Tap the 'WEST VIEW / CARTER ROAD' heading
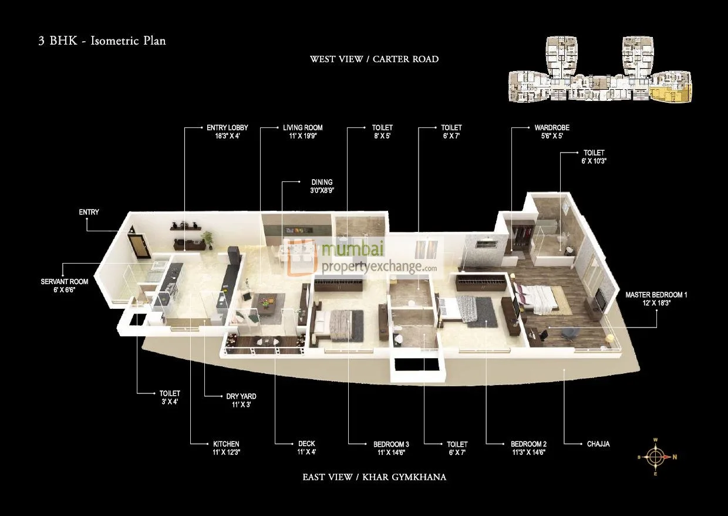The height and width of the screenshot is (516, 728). coord(374,59)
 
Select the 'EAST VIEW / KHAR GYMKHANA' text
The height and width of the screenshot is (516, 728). coord(374,477)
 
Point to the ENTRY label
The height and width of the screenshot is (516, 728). coord(89,212)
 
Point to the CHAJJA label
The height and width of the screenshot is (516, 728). coord(598,444)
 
